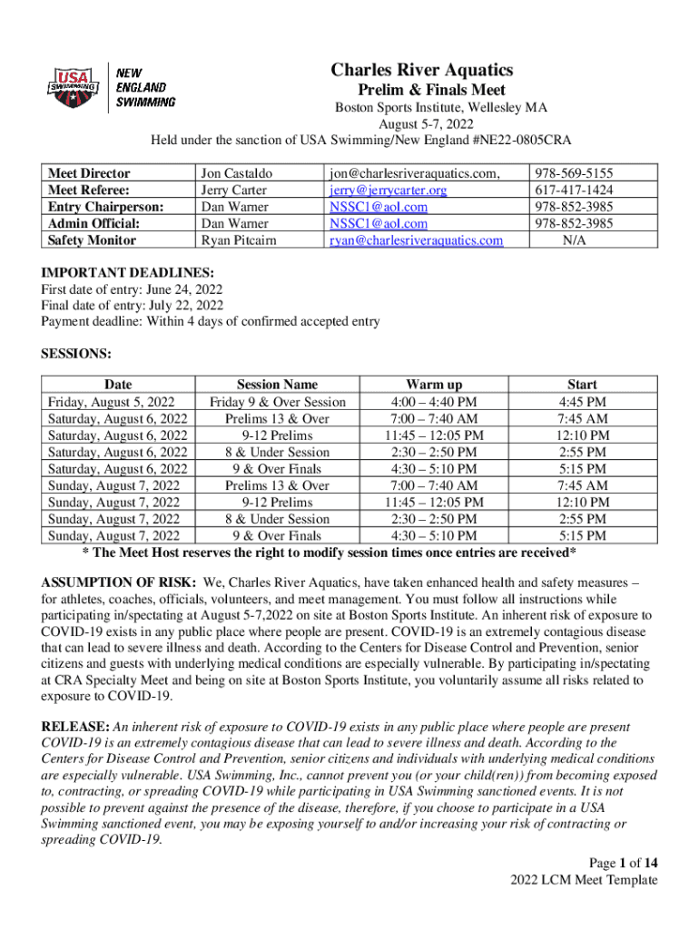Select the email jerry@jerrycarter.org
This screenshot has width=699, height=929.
click(388, 191)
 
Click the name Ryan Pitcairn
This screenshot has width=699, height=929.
click(239, 240)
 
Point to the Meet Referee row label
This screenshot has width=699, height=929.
click(89, 191)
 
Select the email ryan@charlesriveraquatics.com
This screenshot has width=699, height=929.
click(416, 240)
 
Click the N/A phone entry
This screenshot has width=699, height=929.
click(573, 240)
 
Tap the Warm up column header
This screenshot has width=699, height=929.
click(433, 386)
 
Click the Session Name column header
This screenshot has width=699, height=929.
click(277, 386)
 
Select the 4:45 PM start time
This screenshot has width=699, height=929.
click(582, 402)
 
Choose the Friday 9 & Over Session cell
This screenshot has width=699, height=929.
click(277, 402)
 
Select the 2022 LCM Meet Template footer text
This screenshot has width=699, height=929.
click(584, 880)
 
